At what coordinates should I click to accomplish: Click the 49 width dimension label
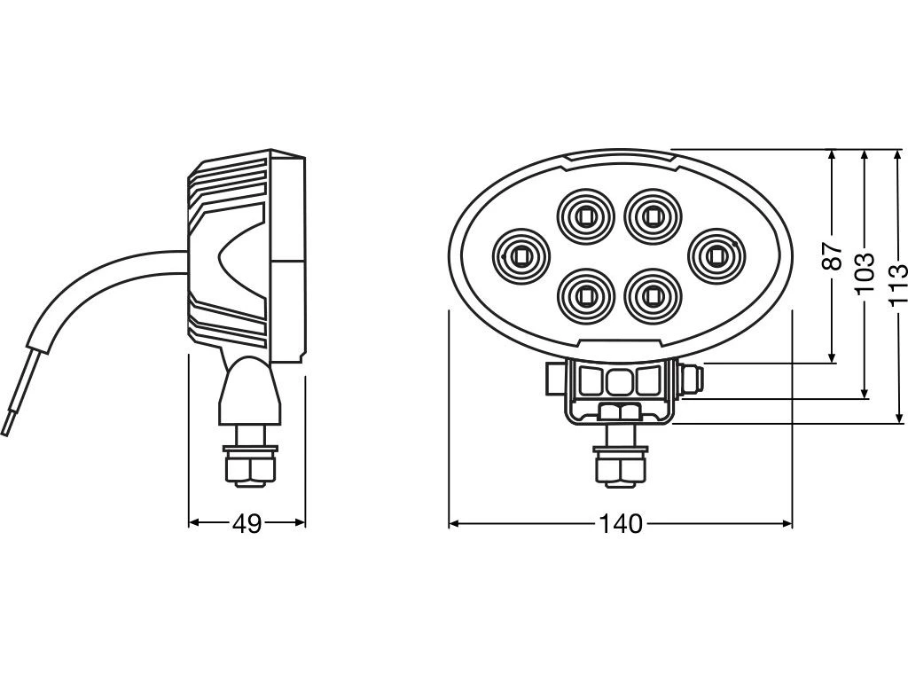point(247,525)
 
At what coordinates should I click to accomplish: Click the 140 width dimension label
point(620,525)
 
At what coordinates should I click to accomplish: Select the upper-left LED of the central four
point(585,215)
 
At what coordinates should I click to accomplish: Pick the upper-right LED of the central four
point(653,215)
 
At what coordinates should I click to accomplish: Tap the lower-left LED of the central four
point(585,294)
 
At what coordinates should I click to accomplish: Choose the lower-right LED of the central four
point(653,294)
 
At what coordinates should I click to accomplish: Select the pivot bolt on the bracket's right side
point(693,380)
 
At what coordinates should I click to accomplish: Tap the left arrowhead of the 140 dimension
point(453,525)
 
